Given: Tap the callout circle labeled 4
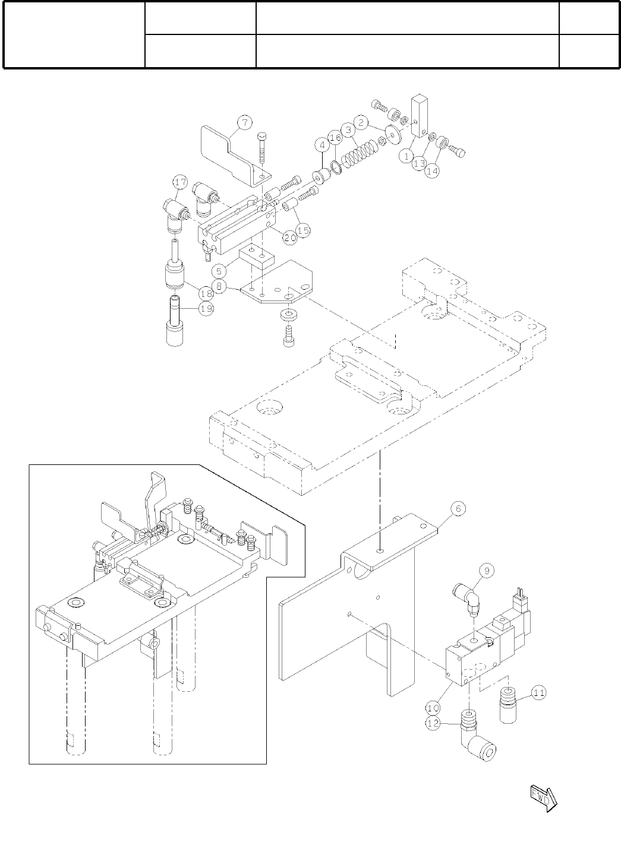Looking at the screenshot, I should [x=322, y=145].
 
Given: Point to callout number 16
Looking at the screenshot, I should [x=335, y=138].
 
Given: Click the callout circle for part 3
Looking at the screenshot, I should [x=350, y=129].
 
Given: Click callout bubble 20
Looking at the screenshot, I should [x=289, y=238].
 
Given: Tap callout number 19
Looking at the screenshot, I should [x=207, y=309].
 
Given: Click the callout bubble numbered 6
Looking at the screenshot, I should [x=458, y=508].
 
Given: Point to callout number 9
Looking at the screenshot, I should [x=486, y=571].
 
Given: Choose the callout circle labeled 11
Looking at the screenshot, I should [x=538, y=692].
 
